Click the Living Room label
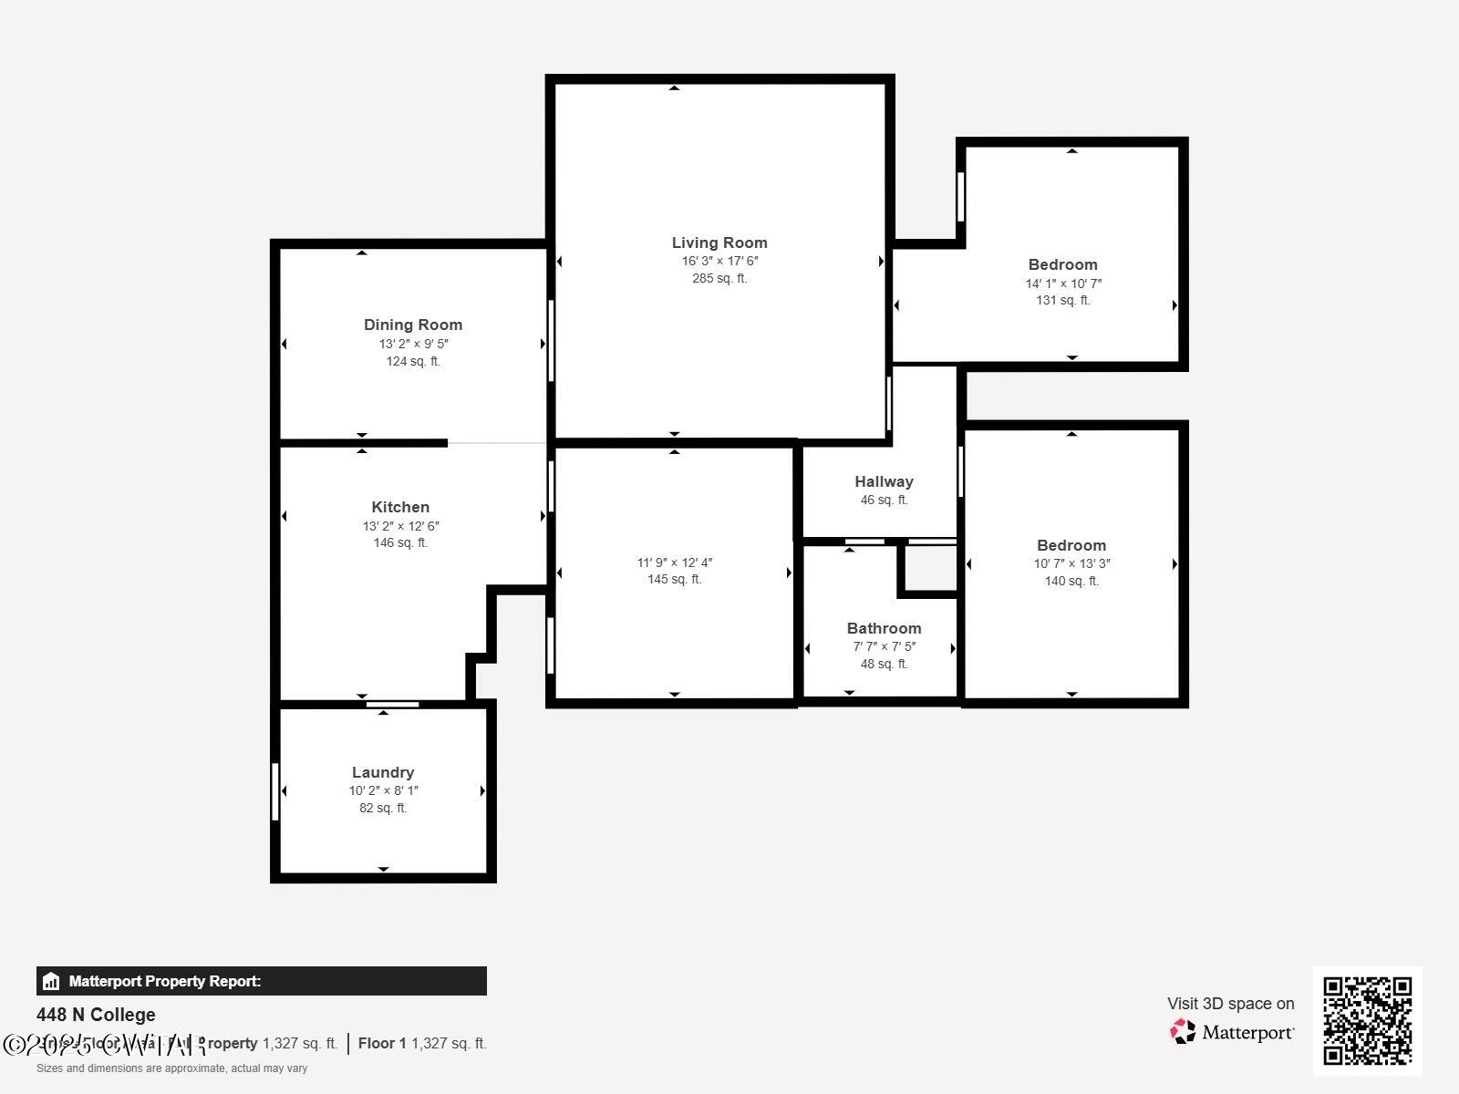(x=719, y=243)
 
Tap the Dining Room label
(x=413, y=325)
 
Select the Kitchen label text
(x=400, y=507)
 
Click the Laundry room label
(x=383, y=772)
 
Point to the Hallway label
(x=884, y=481)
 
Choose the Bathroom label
(x=884, y=628)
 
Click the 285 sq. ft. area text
(x=719, y=278)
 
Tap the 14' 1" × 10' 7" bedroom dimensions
(x=1063, y=284)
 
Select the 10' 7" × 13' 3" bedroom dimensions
(x=1071, y=563)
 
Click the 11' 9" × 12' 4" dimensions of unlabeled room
(x=675, y=562)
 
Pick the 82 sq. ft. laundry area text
(x=383, y=808)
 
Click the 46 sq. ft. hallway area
(x=884, y=500)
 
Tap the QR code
(x=1367, y=1020)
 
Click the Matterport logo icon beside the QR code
(x=1183, y=1032)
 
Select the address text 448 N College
(x=96, y=1015)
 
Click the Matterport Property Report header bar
(x=261, y=981)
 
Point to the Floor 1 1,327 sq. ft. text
(x=422, y=1043)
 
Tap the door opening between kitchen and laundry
(x=393, y=704)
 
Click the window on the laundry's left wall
(x=275, y=791)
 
